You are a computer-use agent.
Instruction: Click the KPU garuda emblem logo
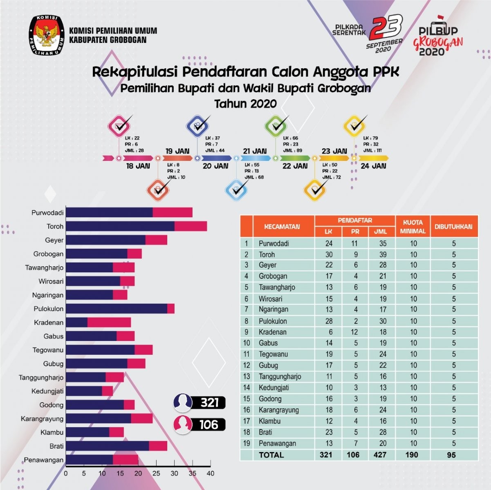point(47,35)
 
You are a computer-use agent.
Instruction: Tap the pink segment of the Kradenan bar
point(109,323)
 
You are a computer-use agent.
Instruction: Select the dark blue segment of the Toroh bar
point(120,226)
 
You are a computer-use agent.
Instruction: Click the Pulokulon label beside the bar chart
point(48,309)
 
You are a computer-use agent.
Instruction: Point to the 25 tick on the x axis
point(156,474)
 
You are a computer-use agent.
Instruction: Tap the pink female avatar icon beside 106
point(183,425)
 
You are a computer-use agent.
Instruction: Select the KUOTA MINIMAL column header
point(413,227)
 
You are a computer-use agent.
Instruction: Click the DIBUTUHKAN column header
point(453,227)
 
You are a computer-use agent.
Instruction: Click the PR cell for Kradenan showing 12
point(354,332)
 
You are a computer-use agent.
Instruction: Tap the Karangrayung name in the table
point(279,410)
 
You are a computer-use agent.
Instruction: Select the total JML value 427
point(380,455)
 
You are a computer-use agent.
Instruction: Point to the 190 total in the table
point(411,455)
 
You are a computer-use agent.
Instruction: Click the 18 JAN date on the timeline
point(138,166)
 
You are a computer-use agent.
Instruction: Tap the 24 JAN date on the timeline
point(373,166)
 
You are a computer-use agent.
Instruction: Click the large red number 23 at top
point(386,27)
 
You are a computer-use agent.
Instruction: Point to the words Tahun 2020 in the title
point(245,104)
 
